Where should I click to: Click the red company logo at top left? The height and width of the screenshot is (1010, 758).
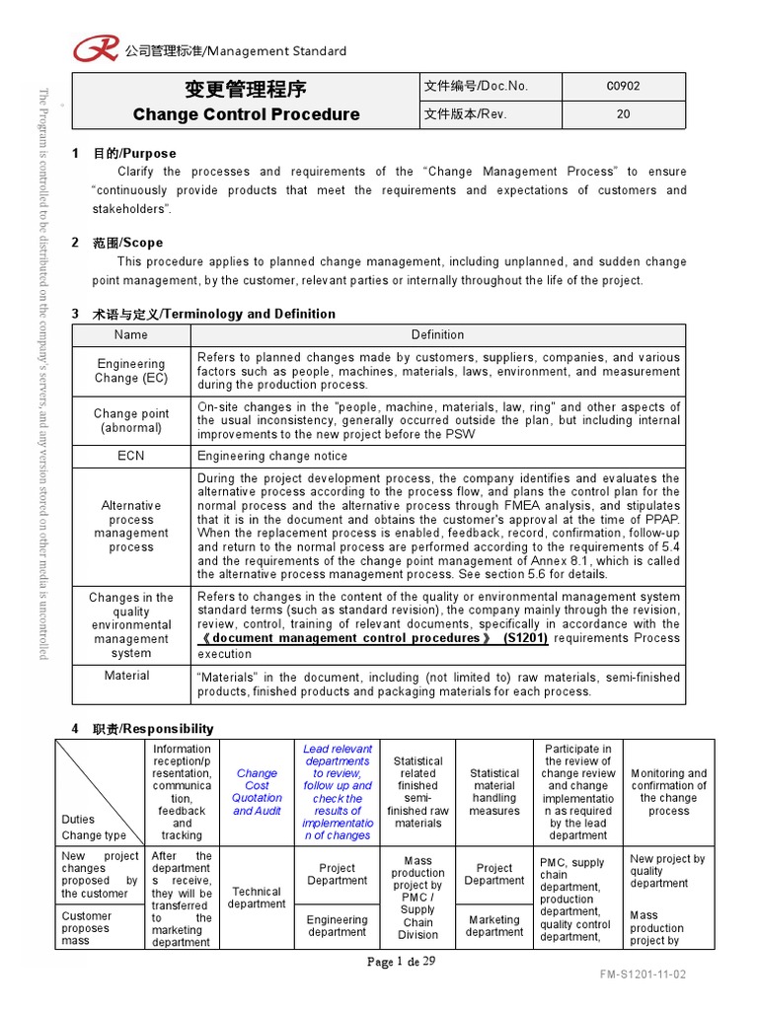97,48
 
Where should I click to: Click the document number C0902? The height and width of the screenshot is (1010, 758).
623,86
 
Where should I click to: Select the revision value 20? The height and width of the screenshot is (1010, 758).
623,113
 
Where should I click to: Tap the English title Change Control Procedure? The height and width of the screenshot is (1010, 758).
246,113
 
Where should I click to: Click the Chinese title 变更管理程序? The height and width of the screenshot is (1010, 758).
246,88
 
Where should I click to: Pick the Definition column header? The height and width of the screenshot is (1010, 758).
437,334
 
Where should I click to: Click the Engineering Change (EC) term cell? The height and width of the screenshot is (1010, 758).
131,371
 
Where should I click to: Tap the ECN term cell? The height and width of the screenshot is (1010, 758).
131,456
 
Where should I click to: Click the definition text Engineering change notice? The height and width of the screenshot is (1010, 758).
272,456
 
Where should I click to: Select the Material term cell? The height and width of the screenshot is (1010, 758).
127,676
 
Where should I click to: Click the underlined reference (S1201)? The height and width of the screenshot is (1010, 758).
525,638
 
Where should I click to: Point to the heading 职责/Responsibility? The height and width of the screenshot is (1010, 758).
153,729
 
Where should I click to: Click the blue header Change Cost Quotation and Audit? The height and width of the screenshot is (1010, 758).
257,792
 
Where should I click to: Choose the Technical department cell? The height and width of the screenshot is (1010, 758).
257,898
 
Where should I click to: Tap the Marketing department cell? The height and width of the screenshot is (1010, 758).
494,926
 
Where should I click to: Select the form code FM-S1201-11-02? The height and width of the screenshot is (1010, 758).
643,974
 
